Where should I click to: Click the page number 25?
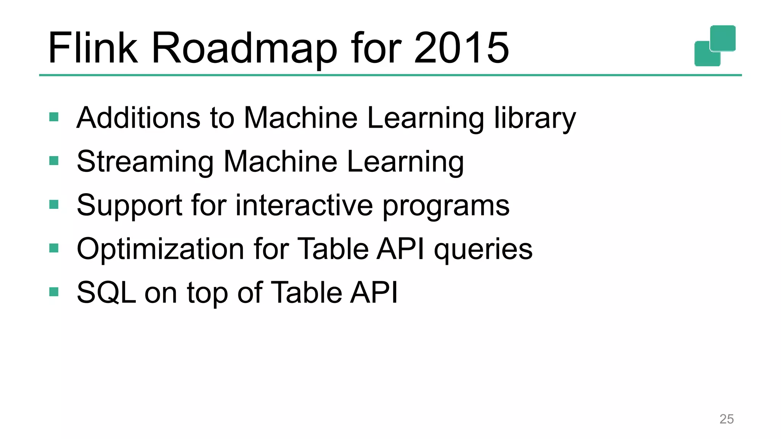[x=726, y=419]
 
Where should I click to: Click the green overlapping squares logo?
[x=715, y=46]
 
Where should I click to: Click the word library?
[x=535, y=118]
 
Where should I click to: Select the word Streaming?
[x=145, y=162]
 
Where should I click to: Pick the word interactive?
[x=304, y=205]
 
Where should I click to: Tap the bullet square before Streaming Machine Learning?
[x=54, y=161]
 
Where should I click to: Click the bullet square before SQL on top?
[x=54, y=292]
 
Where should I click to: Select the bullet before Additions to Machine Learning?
[x=54, y=117]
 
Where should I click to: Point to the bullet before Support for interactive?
[x=54, y=205]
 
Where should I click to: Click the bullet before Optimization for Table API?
[x=54, y=248]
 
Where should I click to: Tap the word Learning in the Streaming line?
[x=405, y=162]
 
